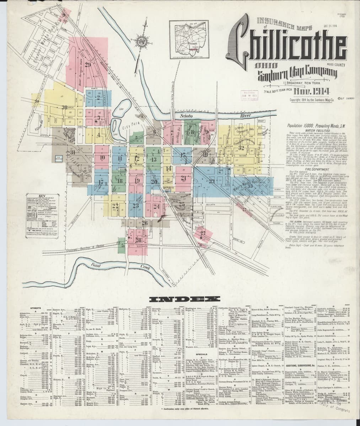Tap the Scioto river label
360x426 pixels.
tap(186, 116)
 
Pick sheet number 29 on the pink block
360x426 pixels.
tap(87, 64)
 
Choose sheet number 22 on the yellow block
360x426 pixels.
tap(115, 205)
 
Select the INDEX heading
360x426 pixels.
tap(180, 299)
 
